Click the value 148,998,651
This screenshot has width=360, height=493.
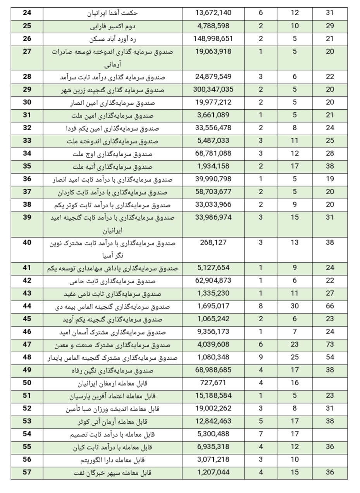(213, 39)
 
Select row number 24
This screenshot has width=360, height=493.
(27, 13)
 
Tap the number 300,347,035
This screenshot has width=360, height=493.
(213, 90)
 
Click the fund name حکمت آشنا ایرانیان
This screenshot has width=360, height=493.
(112, 13)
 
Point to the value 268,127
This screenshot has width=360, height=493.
(213, 243)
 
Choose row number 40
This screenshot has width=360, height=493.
(27, 243)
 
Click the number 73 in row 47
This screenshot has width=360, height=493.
(330, 344)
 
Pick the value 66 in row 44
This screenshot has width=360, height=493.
(330, 306)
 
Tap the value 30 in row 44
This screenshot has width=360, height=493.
(295, 306)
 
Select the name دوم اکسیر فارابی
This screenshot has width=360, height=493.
(112, 26)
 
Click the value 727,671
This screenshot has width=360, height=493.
(213, 383)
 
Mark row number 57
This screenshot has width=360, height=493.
(27, 472)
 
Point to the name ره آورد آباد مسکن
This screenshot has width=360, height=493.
(112, 39)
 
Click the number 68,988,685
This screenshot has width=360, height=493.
(213, 370)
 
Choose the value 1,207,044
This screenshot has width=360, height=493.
(213, 472)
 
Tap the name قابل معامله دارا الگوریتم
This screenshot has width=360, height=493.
(112, 460)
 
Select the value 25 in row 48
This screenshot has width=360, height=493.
(295, 357)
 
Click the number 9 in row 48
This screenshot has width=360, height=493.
(260, 357)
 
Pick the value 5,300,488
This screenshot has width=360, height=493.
(213, 434)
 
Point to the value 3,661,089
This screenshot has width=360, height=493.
(213, 115)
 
